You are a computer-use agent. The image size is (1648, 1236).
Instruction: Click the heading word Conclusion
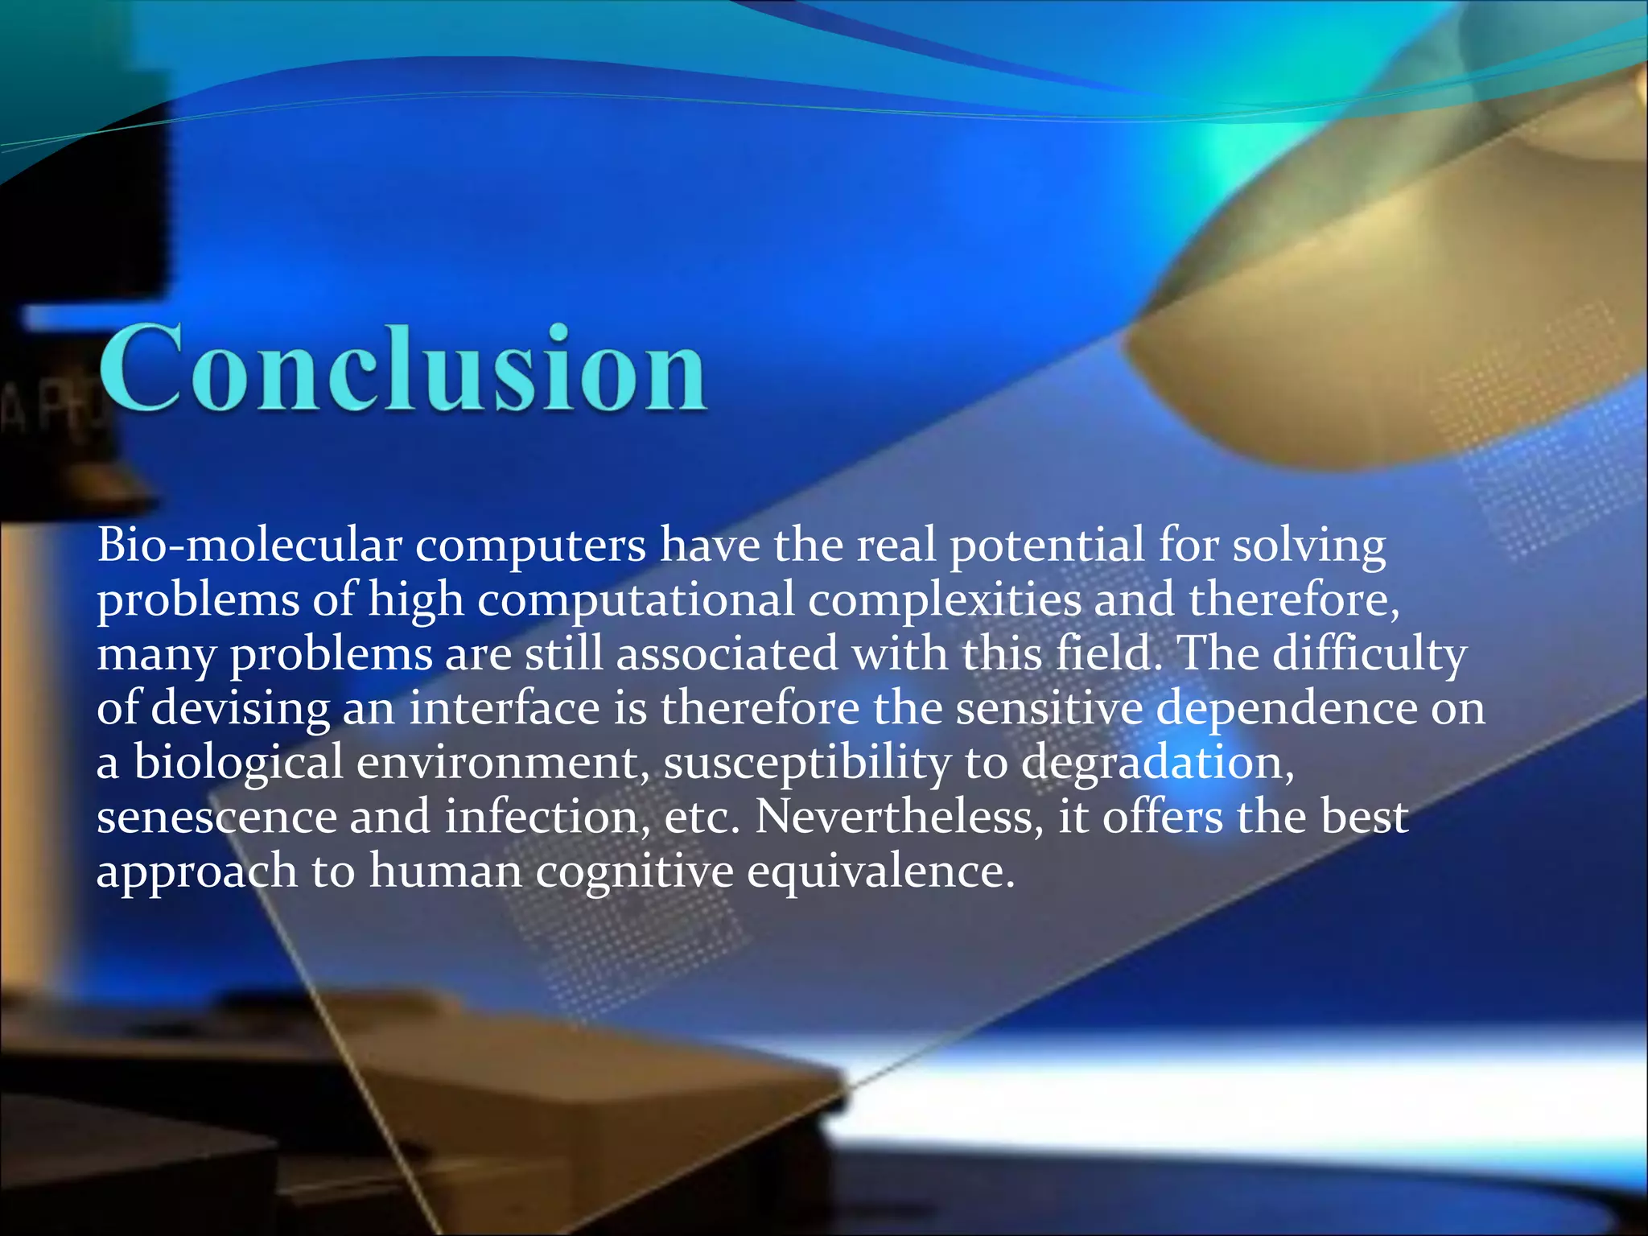pyautogui.click(x=402, y=369)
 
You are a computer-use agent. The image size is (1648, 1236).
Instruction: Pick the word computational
pyautogui.click(x=636, y=601)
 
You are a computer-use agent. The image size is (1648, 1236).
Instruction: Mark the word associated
pyautogui.click(x=727, y=653)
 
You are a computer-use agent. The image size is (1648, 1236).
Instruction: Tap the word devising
pyautogui.click(x=241, y=709)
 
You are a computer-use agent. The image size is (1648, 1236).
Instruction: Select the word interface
pyautogui.click(x=505, y=708)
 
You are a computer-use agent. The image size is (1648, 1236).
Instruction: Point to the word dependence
pyautogui.click(x=1287, y=709)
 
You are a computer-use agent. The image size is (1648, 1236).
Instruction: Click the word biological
pyautogui.click(x=238, y=764)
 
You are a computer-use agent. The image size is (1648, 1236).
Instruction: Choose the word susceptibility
pyautogui.click(x=807, y=764)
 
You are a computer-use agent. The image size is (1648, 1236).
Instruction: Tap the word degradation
pyautogui.click(x=1158, y=764)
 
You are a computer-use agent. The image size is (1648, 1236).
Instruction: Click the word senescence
pyautogui.click(x=216, y=818)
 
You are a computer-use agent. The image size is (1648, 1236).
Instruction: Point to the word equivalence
pyautogui.click(x=880, y=871)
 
